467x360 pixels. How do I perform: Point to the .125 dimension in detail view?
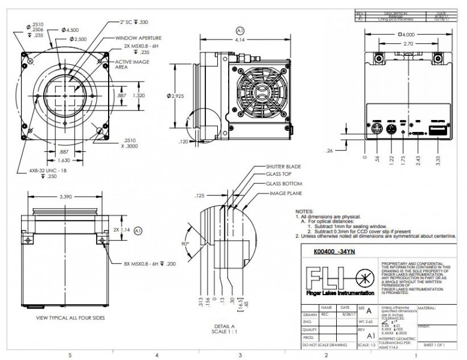tap(200, 196)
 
